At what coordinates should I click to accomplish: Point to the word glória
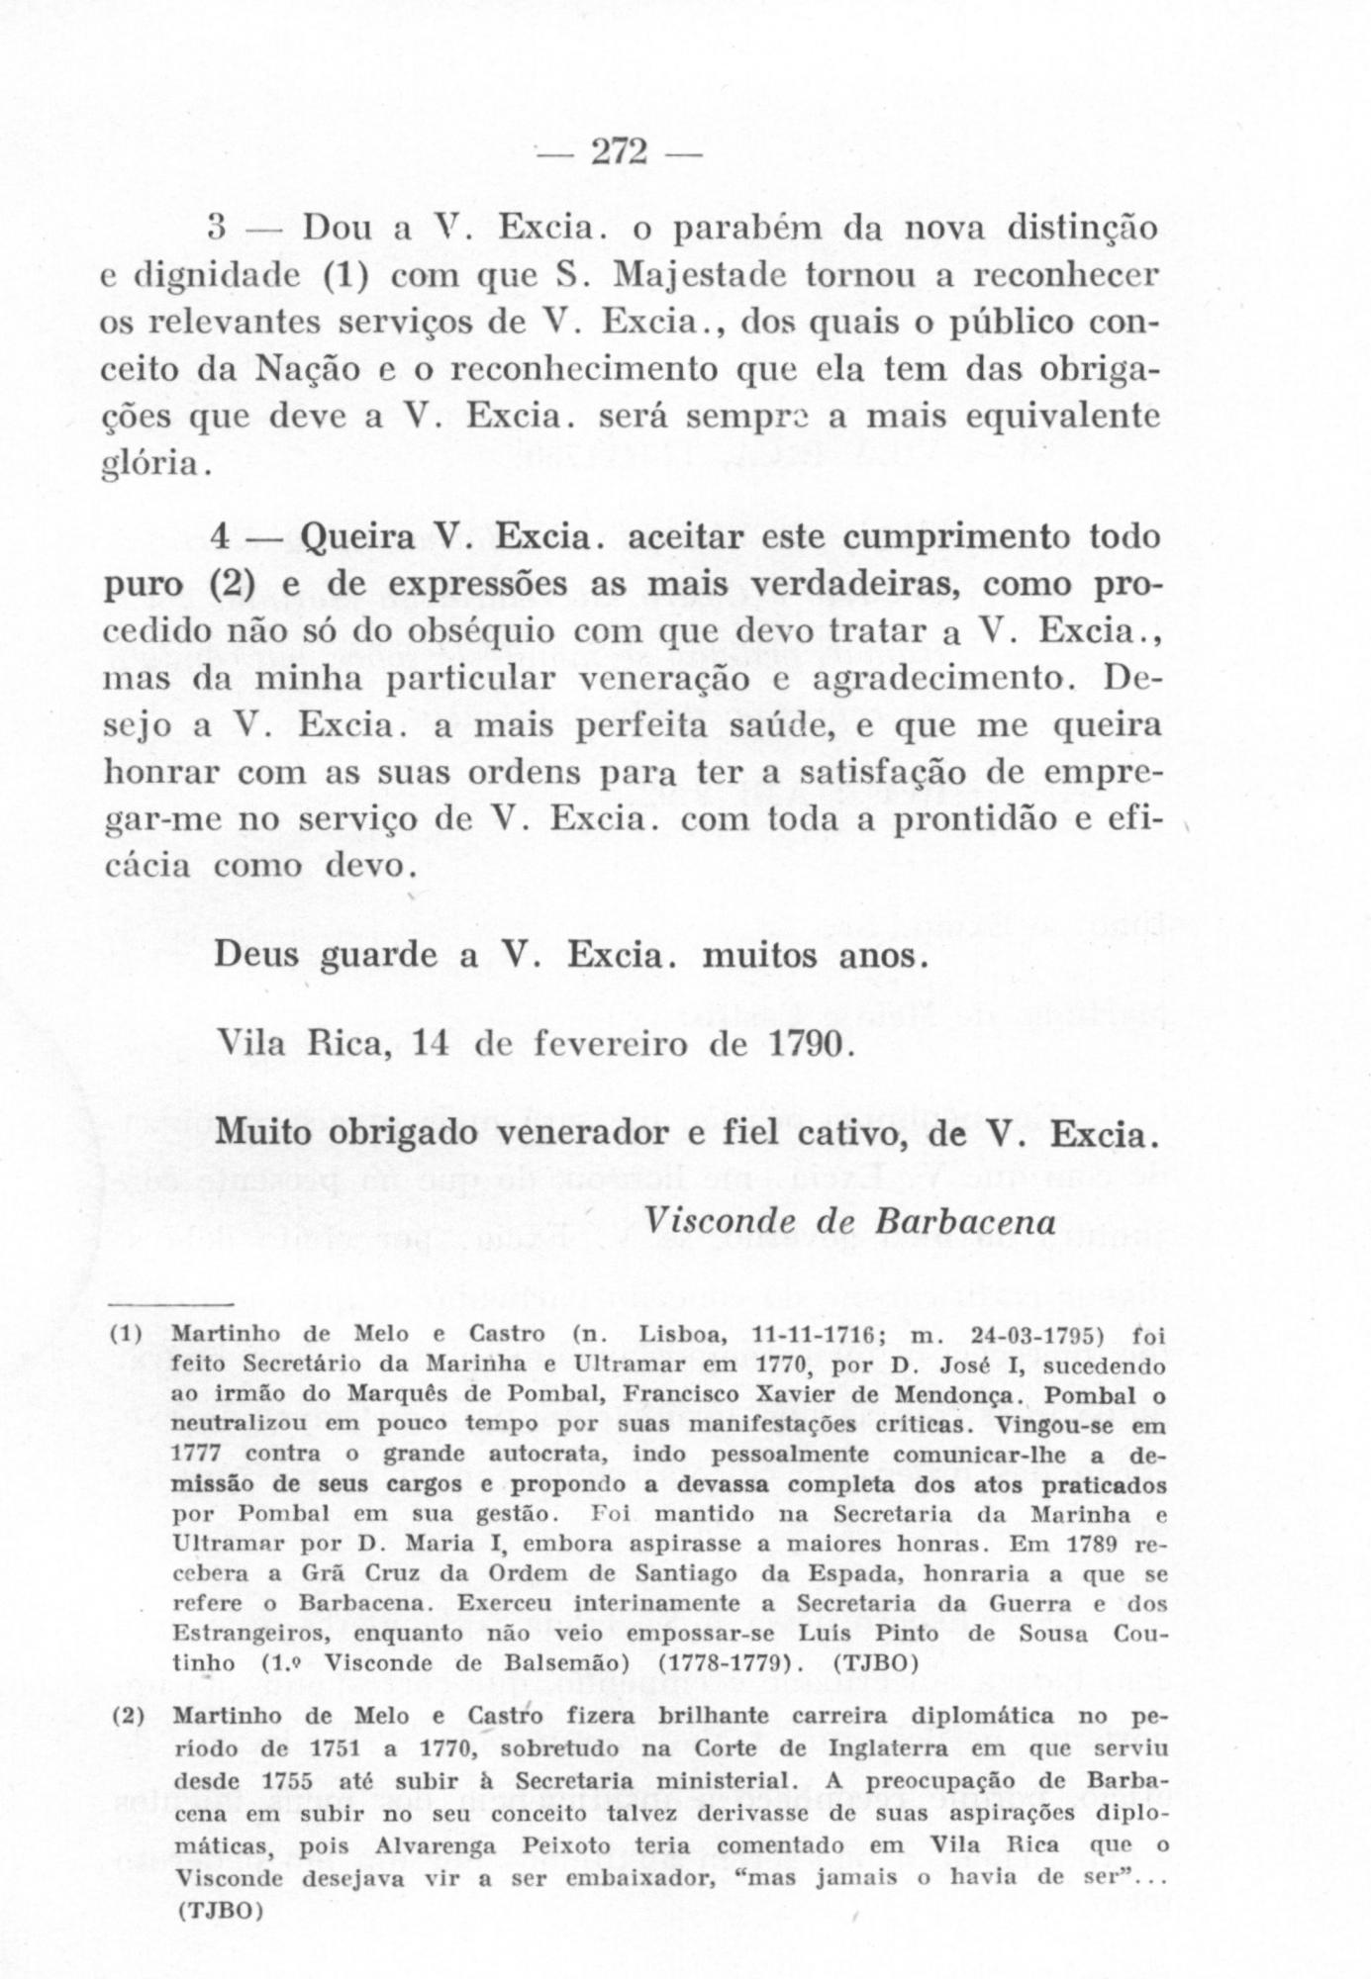(152, 463)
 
